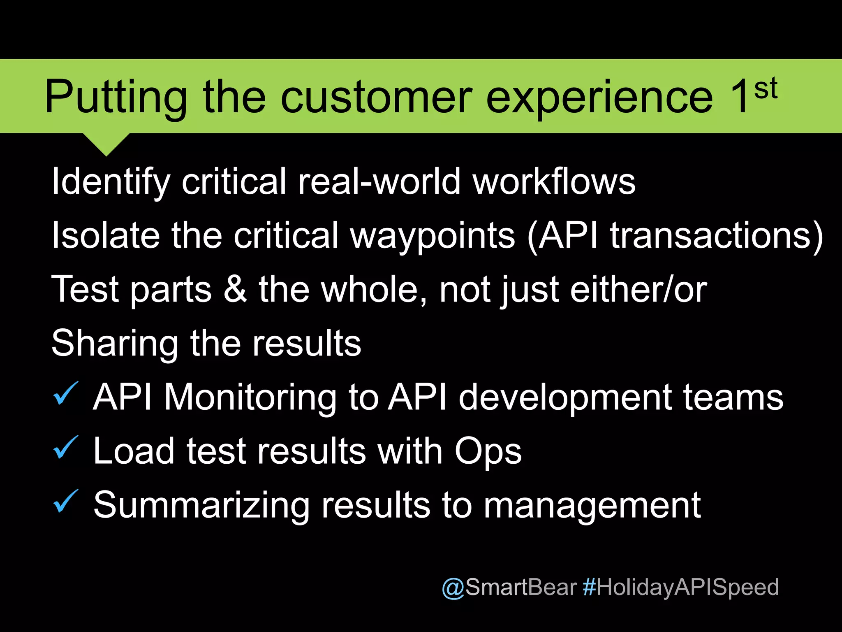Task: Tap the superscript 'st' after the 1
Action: coord(766,89)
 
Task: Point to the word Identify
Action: coord(111,182)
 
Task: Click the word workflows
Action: coord(554,181)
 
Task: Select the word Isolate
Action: coord(106,235)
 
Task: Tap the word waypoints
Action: coord(433,236)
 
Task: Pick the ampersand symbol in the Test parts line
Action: coord(235,289)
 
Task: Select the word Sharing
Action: coord(115,344)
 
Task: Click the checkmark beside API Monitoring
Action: coord(65,393)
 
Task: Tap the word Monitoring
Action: coord(250,397)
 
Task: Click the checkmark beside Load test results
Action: coord(65,447)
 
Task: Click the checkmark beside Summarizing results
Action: coord(65,501)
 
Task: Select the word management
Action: coord(592,506)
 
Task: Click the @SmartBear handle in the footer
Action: coord(509,587)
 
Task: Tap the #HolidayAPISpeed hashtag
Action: coord(681,587)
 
